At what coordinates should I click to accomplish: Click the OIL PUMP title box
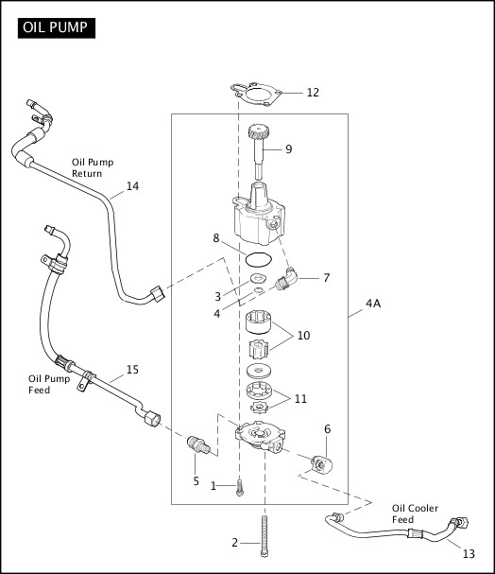click(x=57, y=28)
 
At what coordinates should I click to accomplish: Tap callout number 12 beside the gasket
click(x=313, y=93)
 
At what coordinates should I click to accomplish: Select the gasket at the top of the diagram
click(x=256, y=95)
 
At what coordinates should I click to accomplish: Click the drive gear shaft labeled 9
click(x=259, y=151)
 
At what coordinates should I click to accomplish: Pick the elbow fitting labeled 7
click(x=286, y=279)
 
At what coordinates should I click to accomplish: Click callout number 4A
click(x=373, y=304)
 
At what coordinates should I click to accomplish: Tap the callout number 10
click(x=303, y=336)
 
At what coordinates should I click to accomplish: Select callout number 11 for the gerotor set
click(x=300, y=399)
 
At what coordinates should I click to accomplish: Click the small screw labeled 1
click(x=239, y=488)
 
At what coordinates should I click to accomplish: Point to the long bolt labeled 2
click(x=265, y=536)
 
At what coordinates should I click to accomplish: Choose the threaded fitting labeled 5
click(x=198, y=444)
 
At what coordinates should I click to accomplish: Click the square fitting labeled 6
click(x=322, y=463)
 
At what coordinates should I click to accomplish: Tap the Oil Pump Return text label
click(x=93, y=167)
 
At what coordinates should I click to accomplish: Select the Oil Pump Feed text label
click(x=49, y=384)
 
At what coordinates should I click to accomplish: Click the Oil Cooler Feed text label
click(x=415, y=513)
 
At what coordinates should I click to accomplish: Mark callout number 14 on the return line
click(x=132, y=186)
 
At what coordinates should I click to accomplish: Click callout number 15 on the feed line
click(x=132, y=370)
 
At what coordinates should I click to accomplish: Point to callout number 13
click(x=469, y=554)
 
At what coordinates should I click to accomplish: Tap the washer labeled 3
click(x=258, y=278)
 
